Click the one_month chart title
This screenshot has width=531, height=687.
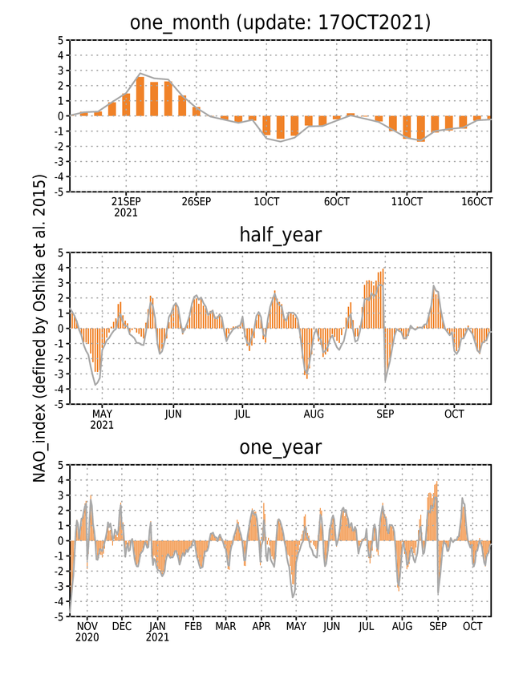(x=280, y=22)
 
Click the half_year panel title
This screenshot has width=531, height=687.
(x=280, y=235)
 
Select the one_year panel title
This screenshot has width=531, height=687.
(x=280, y=447)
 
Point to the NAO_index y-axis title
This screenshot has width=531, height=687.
(x=39, y=328)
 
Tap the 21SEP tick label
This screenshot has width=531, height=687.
(x=126, y=201)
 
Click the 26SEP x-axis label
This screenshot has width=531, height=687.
(x=196, y=201)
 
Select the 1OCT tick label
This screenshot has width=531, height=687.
(x=266, y=201)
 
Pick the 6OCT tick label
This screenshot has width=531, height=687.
(x=336, y=201)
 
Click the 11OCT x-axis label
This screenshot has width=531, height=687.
(x=407, y=201)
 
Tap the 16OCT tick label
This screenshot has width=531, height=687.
(x=476, y=201)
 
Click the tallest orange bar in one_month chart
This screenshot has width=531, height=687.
(x=140, y=96)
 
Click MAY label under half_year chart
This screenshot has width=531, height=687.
(x=102, y=414)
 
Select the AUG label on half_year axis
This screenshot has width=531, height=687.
(x=314, y=414)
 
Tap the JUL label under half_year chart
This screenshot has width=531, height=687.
(x=242, y=414)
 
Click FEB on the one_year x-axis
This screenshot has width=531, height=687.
(x=193, y=627)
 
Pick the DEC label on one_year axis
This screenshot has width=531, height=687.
(x=121, y=627)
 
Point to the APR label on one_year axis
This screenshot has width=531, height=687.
(x=261, y=627)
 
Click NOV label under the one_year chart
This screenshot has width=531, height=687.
(x=87, y=627)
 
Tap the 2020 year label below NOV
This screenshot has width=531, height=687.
(x=87, y=637)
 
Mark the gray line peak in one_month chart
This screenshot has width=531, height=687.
(x=140, y=74)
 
